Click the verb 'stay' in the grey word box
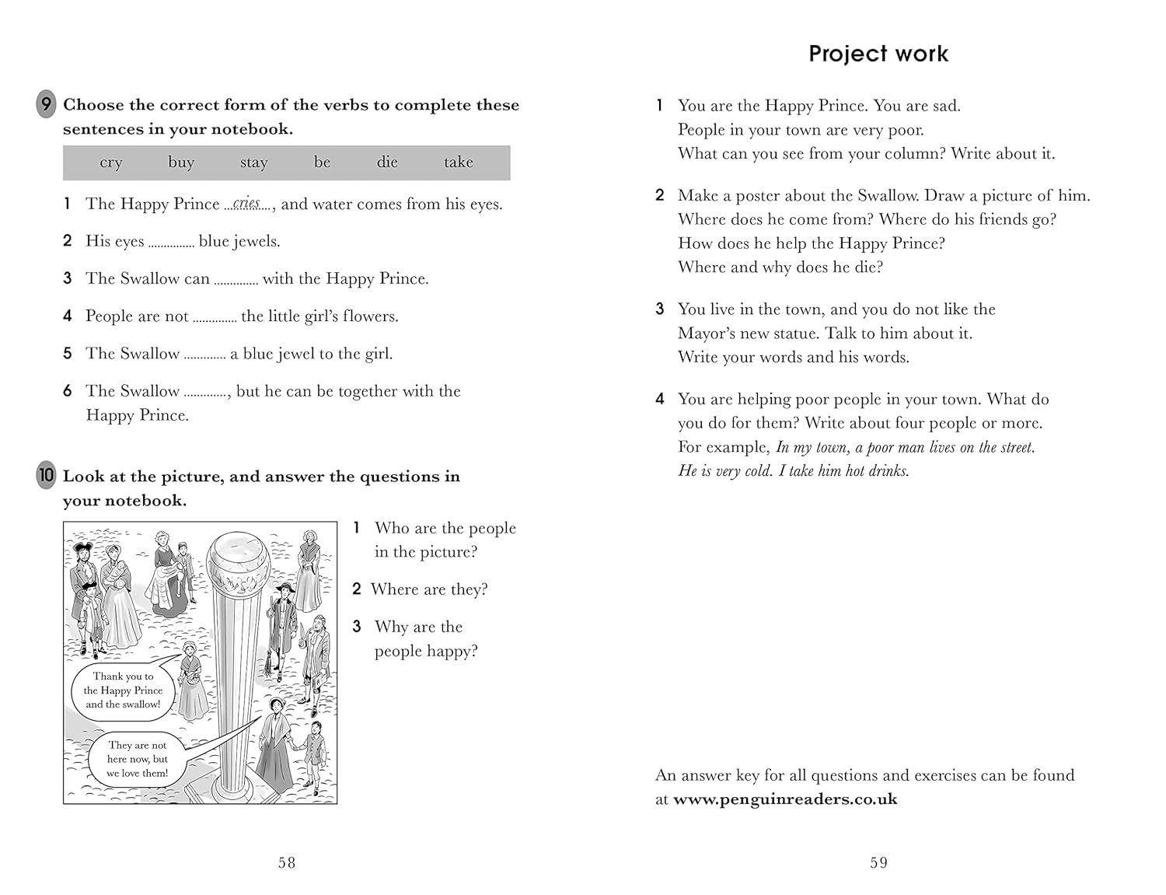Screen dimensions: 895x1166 [x=253, y=163]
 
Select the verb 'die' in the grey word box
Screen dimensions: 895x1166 [x=387, y=162]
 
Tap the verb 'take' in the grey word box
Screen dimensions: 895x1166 [x=459, y=162]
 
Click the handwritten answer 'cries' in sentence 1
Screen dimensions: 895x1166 [x=247, y=204]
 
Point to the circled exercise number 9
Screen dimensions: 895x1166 [x=47, y=104]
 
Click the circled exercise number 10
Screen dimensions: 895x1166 [x=47, y=476]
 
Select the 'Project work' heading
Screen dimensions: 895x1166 [x=878, y=54]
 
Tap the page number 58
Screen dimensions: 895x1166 [x=287, y=862]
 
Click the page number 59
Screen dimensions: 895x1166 [x=879, y=862]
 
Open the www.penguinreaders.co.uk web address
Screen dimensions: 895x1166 [x=785, y=799]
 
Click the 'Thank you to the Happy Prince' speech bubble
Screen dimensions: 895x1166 [x=124, y=690]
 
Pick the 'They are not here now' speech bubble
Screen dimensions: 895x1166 [x=138, y=759]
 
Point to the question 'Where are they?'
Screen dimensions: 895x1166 [x=429, y=589]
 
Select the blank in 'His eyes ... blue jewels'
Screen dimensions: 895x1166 [x=172, y=243]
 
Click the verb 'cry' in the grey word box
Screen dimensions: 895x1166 [x=111, y=163]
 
